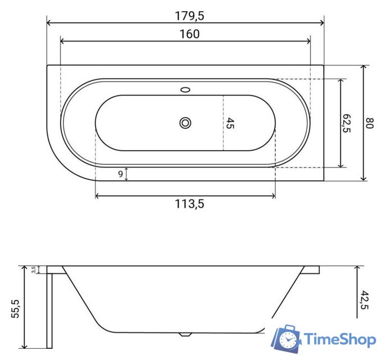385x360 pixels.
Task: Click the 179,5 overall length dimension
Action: pyautogui.click(x=189, y=16)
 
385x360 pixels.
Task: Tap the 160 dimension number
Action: pyautogui.click(x=189, y=34)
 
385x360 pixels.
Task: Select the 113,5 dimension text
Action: pyautogui.click(x=189, y=204)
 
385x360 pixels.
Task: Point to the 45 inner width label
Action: pyautogui.click(x=230, y=123)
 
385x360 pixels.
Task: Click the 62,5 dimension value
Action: pyautogui.click(x=346, y=123)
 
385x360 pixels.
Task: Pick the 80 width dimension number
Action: pyautogui.click(x=369, y=123)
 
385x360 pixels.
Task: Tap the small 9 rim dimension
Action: pyautogui.click(x=120, y=174)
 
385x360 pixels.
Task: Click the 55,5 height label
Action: pyautogui.click(x=15, y=309)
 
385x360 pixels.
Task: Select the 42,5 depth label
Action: pyautogui.click(x=364, y=300)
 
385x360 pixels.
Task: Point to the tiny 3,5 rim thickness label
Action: pyautogui.click(x=34, y=269)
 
